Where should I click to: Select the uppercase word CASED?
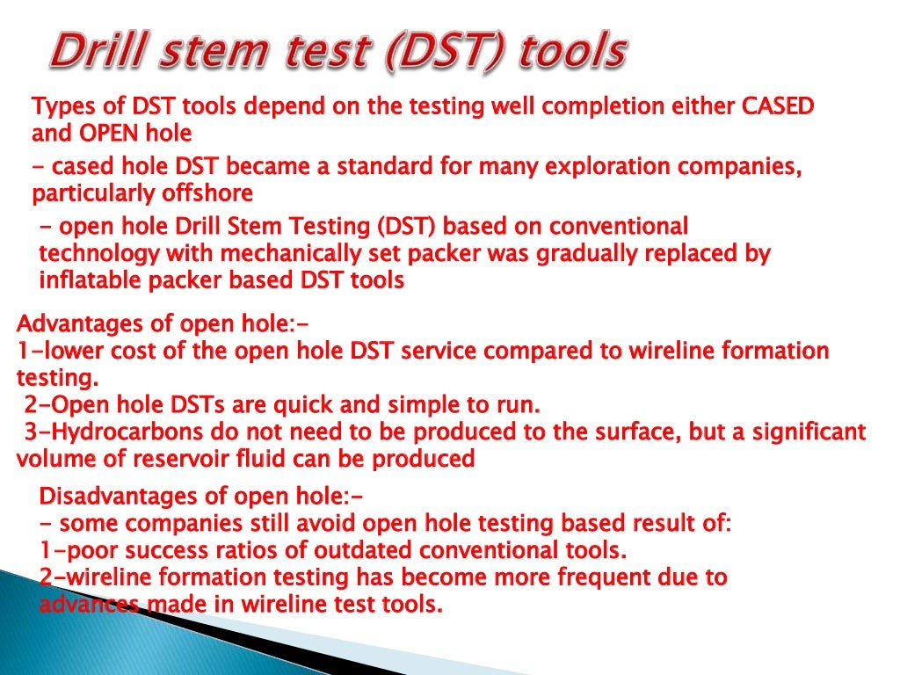pos(779,107)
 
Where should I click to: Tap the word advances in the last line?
pos(89,605)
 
